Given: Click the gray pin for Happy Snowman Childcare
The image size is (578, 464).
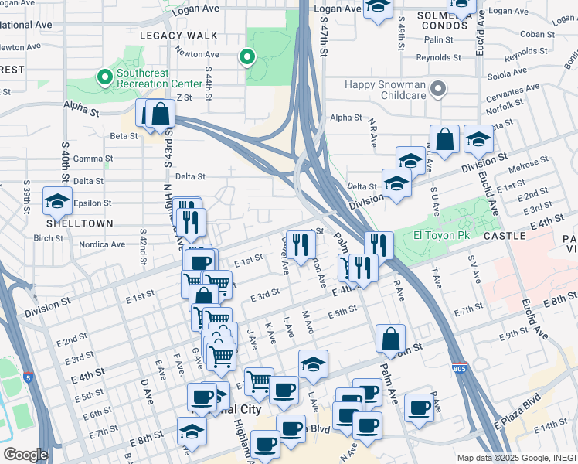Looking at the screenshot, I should [437, 89].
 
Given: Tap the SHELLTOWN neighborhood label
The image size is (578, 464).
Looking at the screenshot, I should [80, 223].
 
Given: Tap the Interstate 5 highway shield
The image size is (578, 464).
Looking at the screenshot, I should [28, 379].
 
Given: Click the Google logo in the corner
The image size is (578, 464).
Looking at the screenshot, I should [25, 454].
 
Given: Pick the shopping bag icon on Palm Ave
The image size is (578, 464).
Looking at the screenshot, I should [391, 338].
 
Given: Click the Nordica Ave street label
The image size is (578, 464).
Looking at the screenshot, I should [102, 244].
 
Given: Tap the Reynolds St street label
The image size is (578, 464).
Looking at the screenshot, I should [438, 57].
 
